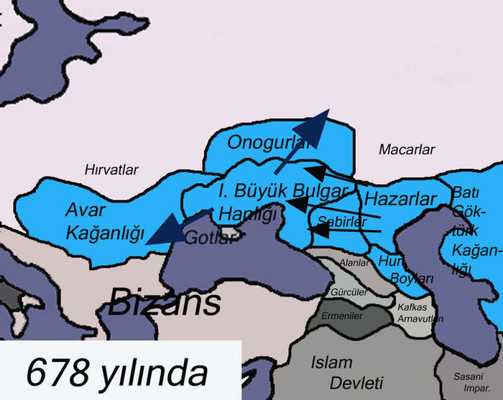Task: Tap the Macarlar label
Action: (407, 150)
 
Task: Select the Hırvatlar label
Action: (111, 169)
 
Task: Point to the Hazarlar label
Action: (400, 198)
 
